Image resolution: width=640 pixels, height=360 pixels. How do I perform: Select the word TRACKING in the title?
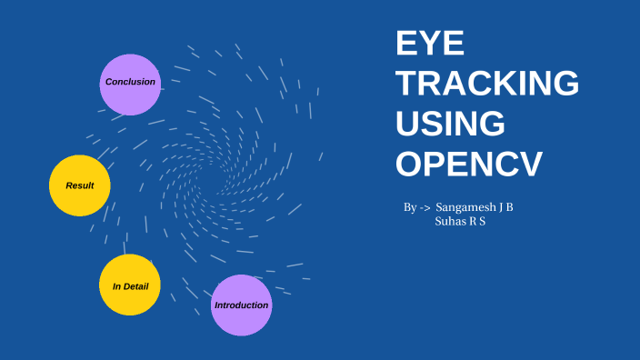click(x=488, y=85)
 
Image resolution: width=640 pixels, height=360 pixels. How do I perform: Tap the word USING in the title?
click(x=451, y=125)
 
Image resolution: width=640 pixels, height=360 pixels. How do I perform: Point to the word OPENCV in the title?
click(x=469, y=165)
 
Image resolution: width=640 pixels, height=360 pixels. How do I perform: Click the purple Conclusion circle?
click(x=130, y=84)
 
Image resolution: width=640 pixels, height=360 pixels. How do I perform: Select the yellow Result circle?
click(x=80, y=185)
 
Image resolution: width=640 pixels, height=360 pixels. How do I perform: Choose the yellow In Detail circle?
click(x=130, y=285)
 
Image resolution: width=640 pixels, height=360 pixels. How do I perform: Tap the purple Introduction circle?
click(x=241, y=305)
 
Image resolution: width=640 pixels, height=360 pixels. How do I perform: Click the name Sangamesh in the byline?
click(x=465, y=207)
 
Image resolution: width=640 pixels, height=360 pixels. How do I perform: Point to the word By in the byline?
click(x=410, y=207)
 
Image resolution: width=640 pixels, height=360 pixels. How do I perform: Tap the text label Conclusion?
click(x=130, y=82)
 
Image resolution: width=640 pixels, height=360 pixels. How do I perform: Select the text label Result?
click(x=80, y=185)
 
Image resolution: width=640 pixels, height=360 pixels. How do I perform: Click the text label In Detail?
click(x=130, y=286)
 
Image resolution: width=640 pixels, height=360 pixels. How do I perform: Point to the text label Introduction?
click(x=241, y=305)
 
